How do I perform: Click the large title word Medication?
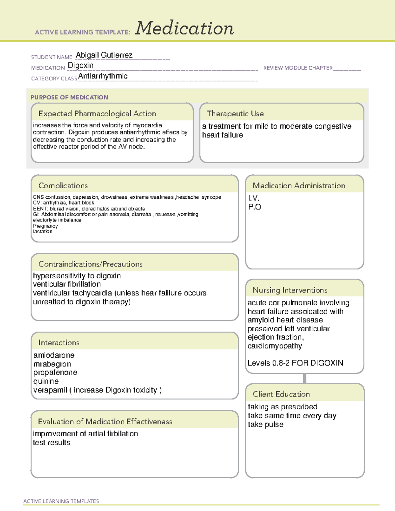[x=184, y=28]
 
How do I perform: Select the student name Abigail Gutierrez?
[x=104, y=55]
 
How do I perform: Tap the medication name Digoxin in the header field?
[x=81, y=65]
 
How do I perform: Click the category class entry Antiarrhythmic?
[x=103, y=76]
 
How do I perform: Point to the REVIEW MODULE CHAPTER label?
[x=298, y=68]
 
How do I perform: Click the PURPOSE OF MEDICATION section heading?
[x=69, y=97]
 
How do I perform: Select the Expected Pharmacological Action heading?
[x=97, y=114]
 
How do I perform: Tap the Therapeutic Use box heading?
[x=235, y=114]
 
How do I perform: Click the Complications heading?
[x=63, y=186]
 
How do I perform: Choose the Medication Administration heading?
[x=299, y=186]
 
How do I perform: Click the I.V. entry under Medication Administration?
[x=254, y=198]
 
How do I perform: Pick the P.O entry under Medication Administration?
[x=254, y=207]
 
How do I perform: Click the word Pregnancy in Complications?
[x=45, y=226]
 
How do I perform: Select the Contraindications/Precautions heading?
[x=91, y=264]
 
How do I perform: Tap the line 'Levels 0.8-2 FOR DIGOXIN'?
[x=295, y=363]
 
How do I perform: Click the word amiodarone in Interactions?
[x=54, y=355]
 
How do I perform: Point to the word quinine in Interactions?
[x=46, y=381]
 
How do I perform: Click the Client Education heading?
[x=281, y=394]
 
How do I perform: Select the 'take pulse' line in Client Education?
[x=265, y=424]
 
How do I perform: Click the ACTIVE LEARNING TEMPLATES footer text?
[x=61, y=501]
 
